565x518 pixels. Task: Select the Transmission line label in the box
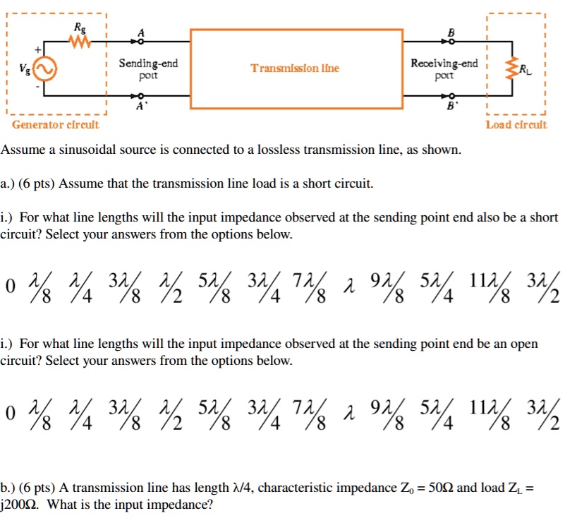295,68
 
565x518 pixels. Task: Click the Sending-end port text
148,68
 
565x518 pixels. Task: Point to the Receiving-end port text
444,68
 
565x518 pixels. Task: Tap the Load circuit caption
516,125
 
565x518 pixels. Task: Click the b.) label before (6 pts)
9,488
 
